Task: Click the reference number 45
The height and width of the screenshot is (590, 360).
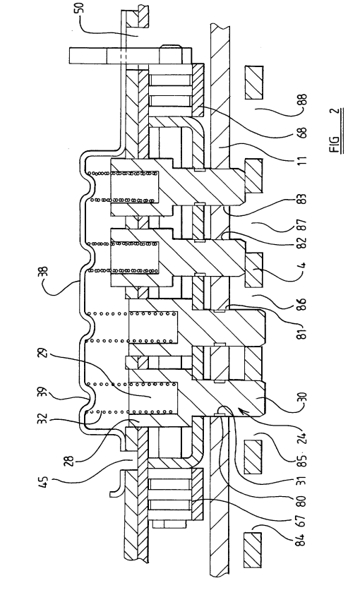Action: coord(44,482)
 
